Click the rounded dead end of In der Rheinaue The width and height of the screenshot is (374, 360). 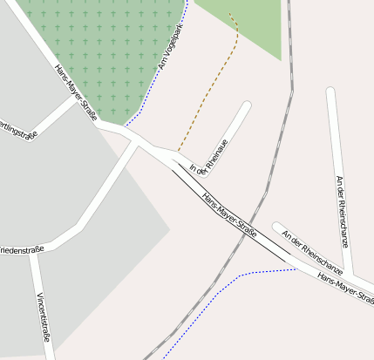[x=247, y=106]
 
